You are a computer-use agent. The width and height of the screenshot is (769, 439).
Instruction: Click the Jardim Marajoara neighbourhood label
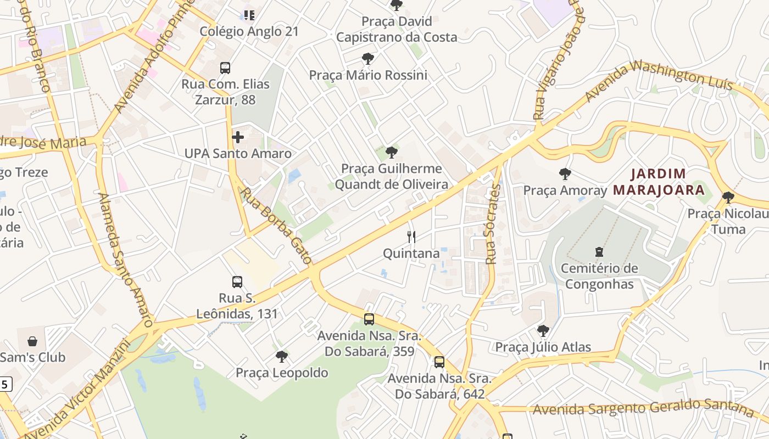point(659,182)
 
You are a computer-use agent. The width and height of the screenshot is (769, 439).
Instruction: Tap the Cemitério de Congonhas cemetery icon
point(599,252)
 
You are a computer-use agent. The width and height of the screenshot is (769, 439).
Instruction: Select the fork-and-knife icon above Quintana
point(411,237)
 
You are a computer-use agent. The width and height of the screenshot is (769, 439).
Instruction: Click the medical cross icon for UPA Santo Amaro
point(238,137)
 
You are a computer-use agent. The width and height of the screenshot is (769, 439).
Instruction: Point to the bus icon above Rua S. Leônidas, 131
point(237,282)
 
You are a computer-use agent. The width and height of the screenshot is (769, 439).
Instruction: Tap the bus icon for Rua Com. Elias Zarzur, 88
point(225,68)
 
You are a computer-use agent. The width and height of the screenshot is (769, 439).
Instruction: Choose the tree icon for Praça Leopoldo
point(282,357)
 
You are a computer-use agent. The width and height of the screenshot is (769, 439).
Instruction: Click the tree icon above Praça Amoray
point(565,175)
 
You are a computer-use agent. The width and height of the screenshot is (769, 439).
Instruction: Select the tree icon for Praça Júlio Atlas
point(543,331)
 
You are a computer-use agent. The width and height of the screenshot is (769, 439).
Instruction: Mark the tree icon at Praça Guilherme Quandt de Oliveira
point(391,152)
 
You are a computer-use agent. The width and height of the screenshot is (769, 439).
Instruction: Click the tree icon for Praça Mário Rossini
point(368,59)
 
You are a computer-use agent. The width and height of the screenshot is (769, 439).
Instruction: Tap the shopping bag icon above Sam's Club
point(32,341)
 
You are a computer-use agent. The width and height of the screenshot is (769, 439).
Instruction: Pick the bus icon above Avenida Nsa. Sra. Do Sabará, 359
point(369,319)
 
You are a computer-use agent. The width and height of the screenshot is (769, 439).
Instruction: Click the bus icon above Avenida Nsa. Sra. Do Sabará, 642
point(439,362)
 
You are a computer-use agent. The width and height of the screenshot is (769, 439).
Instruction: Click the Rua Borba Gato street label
point(276,226)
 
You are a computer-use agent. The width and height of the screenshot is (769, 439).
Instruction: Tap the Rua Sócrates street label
point(493,224)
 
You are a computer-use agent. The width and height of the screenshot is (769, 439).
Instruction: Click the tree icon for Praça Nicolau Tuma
point(728,197)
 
